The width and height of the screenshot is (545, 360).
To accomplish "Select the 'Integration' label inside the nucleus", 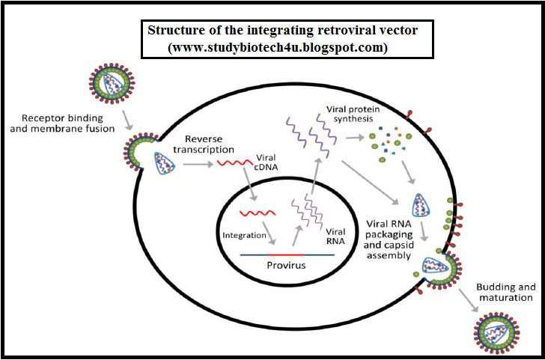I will point(244,235).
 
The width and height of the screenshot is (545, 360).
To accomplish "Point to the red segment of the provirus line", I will point(285,255).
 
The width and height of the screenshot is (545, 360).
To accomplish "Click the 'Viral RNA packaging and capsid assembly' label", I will point(389,239).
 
